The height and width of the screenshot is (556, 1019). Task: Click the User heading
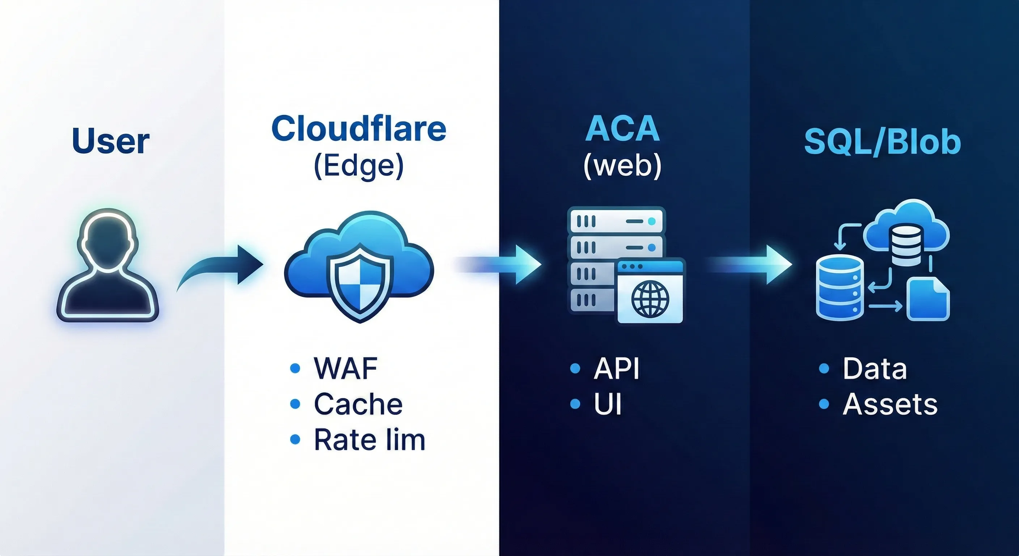point(110,141)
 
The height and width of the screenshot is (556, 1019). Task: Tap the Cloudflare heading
point(359,129)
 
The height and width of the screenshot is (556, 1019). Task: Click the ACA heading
point(622,129)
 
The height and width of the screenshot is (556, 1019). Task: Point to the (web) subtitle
point(622,165)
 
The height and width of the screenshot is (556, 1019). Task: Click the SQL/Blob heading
point(882,141)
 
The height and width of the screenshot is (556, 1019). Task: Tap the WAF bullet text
point(345,368)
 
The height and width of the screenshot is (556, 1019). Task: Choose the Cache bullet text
point(358,404)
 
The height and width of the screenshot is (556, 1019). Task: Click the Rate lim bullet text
point(369,440)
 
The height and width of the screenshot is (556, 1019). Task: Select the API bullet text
point(616,368)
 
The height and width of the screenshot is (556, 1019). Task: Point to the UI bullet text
point(608,404)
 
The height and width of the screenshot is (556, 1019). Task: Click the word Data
point(875,368)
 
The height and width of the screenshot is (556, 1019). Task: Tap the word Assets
point(890,404)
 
